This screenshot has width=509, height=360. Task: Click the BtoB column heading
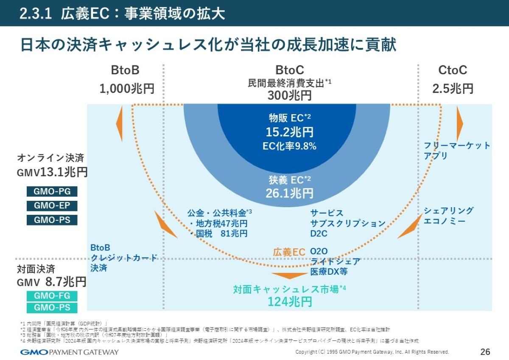125,70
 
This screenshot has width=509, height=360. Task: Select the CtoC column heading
453,70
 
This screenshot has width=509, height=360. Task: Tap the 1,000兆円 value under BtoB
127,88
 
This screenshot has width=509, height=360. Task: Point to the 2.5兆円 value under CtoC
453,88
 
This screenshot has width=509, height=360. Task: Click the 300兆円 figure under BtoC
289,95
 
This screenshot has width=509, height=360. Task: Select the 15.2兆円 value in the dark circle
289,132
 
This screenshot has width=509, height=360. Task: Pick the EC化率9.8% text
289,146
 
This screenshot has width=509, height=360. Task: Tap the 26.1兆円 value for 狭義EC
289,193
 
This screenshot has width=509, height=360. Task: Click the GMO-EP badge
52,206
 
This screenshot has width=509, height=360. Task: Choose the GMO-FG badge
52,296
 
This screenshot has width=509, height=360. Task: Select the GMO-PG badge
52,191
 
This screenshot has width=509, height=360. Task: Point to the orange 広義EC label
289,252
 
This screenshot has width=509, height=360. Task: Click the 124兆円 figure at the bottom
289,302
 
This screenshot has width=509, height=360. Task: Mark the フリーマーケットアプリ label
457,151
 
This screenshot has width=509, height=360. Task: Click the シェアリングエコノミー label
448,216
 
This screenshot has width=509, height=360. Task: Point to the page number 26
485,352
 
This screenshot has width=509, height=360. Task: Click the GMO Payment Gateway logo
70,352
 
